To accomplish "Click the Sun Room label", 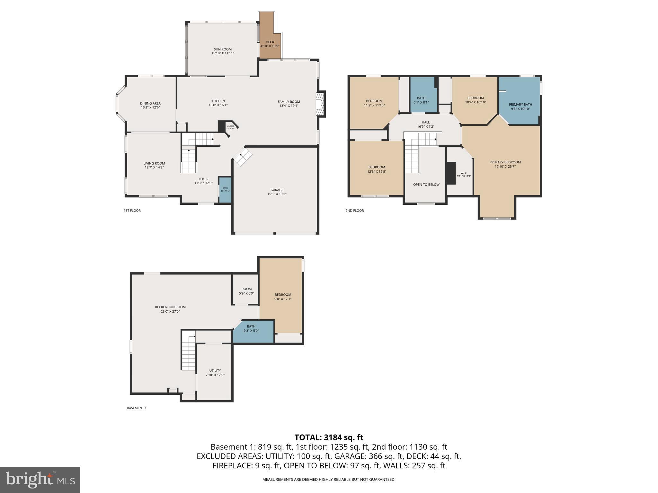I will coord(222,49).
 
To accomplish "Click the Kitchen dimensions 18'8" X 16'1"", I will coord(218,105).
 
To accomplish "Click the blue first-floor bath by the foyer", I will coord(225,189).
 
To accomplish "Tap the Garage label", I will coord(277,190).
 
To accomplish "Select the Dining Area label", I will coord(150,103).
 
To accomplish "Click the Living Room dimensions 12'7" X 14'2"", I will coord(154,167).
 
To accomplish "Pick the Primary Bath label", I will coord(520,104).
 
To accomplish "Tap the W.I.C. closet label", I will coord(464,173).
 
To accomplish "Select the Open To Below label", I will coord(426,185).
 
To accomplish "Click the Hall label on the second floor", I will coord(425,122).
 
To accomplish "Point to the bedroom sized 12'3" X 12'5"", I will coord(377,169).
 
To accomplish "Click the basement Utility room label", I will coord(215,370).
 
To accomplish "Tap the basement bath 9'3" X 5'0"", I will coord(251,328).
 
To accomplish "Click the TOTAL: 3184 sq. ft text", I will coord(329,437).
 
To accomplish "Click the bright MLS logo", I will coord(40,480).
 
